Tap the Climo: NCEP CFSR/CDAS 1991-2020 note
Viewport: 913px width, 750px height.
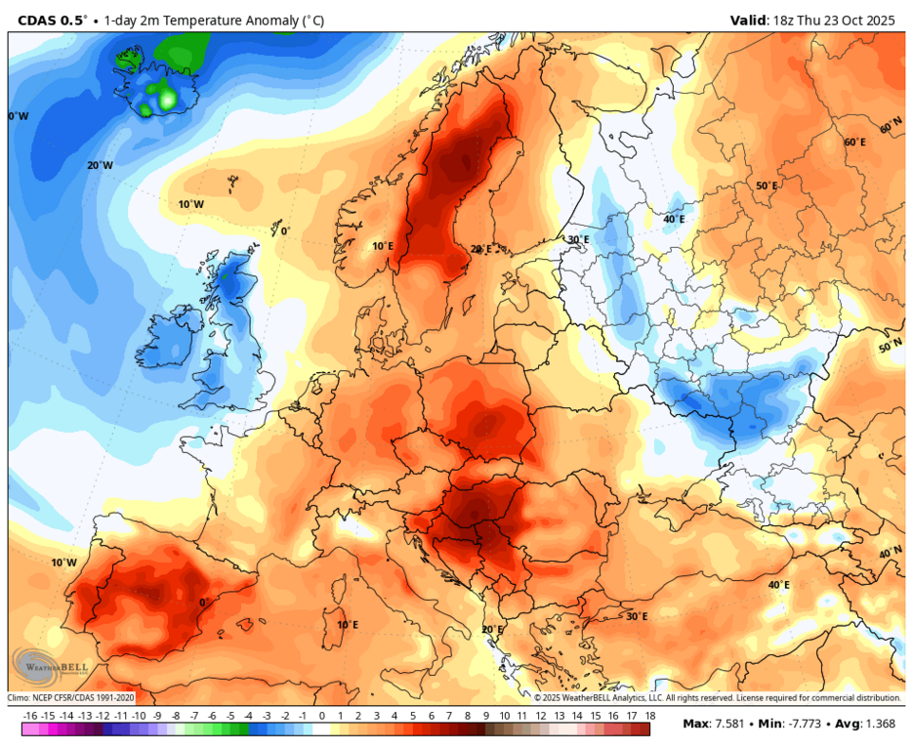71,697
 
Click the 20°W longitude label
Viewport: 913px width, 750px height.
100,165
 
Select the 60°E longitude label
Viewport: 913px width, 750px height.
854,143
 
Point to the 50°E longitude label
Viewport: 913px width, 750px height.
767,186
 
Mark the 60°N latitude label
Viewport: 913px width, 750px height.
891,128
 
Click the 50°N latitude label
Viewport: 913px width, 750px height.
890,347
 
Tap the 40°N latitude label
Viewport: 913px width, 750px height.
890,553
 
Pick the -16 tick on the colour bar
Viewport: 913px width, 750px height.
30,716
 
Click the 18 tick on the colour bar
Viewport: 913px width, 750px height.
649,716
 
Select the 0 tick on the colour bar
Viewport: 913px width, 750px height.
321,716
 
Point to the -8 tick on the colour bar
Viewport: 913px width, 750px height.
176,716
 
